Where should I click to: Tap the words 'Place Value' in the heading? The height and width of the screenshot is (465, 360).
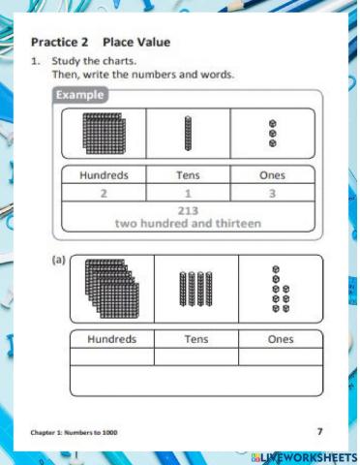(x=136, y=43)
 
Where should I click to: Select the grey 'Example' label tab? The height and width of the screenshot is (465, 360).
(x=80, y=95)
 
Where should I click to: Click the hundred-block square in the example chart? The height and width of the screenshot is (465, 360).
(x=103, y=132)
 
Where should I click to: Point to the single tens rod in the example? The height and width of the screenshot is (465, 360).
(x=188, y=133)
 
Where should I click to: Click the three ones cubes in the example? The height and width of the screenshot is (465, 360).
(x=273, y=133)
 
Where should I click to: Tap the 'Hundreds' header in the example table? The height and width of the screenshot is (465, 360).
(x=104, y=176)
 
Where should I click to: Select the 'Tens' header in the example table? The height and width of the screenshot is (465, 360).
(x=188, y=176)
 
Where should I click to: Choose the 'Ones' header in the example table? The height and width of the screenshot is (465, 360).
(x=272, y=176)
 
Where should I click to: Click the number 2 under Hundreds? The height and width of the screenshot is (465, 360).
(x=104, y=193)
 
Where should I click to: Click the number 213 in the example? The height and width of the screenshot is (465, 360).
(x=189, y=210)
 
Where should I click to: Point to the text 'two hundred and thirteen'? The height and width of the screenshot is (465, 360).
(x=189, y=223)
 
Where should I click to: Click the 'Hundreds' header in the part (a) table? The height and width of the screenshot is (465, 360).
(x=112, y=340)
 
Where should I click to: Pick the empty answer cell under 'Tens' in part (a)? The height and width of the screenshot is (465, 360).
(x=195, y=356)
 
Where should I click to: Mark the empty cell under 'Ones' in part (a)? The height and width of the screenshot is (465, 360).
(x=280, y=356)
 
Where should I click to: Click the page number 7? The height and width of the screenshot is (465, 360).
(x=320, y=430)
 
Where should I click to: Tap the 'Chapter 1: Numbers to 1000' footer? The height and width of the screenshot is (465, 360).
(x=75, y=432)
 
